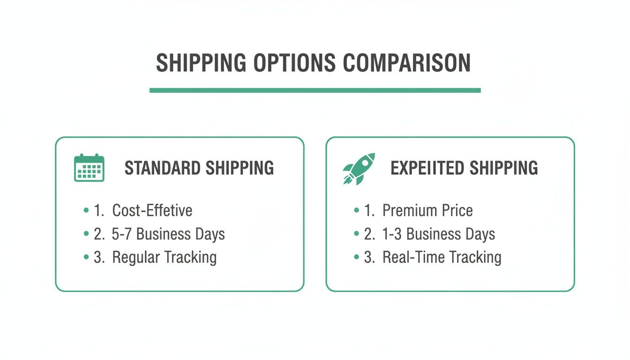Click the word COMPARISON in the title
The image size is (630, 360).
(x=406, y=63)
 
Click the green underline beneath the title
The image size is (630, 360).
(x=315, y=90)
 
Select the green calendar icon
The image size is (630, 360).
(x=89, y=168)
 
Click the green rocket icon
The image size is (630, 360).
(x=359, y=168)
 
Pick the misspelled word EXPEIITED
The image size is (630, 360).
(x=427, y=168)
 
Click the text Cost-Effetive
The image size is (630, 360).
(x=152, y=210)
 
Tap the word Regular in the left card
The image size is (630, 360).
(x=135, y=257)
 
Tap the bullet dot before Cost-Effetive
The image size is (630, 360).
(x=86, y=210)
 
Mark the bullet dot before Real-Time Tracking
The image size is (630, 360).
(x=356, y=257)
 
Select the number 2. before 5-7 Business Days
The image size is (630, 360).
(x=99, y=234)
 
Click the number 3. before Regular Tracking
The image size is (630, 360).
(x=99, y=257)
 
